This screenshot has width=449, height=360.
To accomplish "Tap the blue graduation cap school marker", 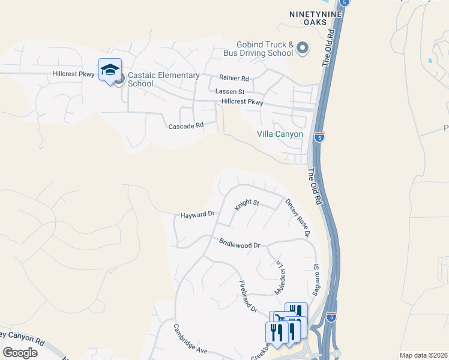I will pos(110,71).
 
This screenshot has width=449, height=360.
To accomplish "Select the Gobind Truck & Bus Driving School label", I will pos(265,49).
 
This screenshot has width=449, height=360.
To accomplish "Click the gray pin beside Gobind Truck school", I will pos(303,48).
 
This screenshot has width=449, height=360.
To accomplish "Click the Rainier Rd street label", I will pos(234,79).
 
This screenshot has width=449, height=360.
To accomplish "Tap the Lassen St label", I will pos(230,92).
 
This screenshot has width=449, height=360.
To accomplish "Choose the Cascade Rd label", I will pos(186,127).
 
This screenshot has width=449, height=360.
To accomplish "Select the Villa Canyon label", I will pos(280,134).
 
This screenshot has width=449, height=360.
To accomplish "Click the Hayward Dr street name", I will pos(197,214).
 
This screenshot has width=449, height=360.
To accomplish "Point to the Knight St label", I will pos(246,204).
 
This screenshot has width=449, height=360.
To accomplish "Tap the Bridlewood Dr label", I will pos(239,245).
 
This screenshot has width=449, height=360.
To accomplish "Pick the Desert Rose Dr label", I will pos(297,217).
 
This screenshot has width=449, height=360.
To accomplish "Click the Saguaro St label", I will pos(315,279).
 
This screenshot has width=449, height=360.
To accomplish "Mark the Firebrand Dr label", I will pos(248,296).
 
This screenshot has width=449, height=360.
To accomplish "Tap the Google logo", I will pos(20,353).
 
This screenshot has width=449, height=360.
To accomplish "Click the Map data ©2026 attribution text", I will pos(423,355).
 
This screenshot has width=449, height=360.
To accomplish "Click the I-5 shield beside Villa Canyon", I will pos(319,137).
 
